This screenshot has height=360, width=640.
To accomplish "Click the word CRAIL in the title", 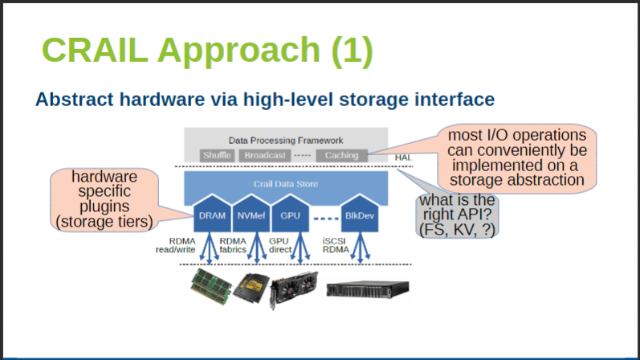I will [96, 50].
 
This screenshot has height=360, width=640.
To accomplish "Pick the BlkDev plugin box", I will [357, 215].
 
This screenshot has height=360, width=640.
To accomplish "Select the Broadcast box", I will [264, 155].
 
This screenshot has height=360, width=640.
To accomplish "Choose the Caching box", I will [341, 155].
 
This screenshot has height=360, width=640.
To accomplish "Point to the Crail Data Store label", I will [286, 183].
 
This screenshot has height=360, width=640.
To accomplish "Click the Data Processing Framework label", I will [286, 139].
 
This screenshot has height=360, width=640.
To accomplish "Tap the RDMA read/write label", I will [176, 244].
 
